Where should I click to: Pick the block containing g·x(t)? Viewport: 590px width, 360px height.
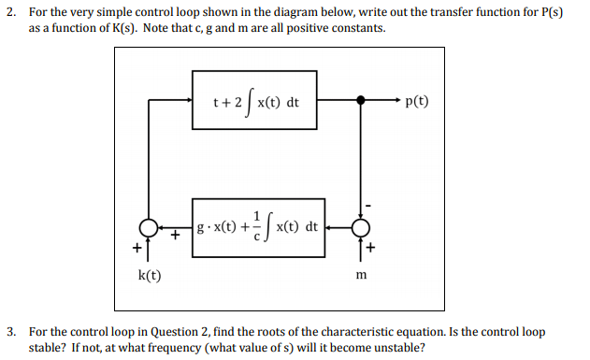[x=259, y=227]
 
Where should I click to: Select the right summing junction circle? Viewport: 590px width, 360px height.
[x=360, y=227]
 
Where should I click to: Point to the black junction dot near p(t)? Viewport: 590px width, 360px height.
[x=360, y=98]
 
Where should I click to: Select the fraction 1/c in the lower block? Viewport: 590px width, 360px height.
[x=255, y=226]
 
